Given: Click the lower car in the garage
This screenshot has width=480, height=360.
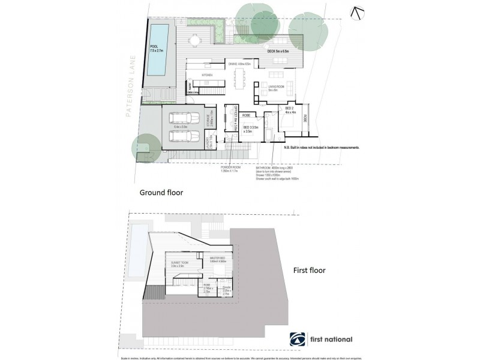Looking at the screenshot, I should tap(182, 136).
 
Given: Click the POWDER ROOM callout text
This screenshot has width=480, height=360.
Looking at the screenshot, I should tap(230, 170).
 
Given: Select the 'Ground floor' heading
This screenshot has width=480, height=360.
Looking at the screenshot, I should tap(161, 193).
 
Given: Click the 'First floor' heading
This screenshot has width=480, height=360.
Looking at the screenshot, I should tap(309, 270).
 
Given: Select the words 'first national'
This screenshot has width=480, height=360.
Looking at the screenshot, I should tap(331, 340).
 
